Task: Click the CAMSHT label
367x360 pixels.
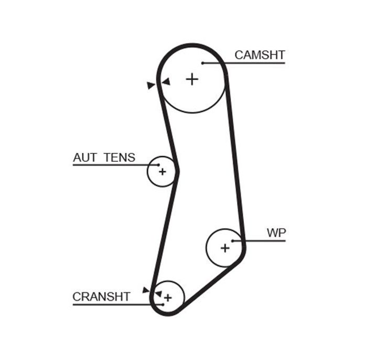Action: pyautogui.click(x=260, y=55)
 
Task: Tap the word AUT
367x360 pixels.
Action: pyautogui.click(x=85, y=157)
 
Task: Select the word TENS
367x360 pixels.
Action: pyautogui.click(x=120, y=157)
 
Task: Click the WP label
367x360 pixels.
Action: pyautogui.click(x=276, y=233)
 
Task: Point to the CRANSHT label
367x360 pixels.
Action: pyautogui.click(x=101, y=297)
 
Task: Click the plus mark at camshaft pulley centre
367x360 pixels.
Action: pyautogui.click(x=192, y=79)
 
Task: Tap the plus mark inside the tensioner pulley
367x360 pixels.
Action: pyautogui.click(x=162, y=172)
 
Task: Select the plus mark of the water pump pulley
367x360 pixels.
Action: pyautogui.click(x=225, y=248)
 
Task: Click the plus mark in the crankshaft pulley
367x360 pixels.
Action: pyautogui.click(x=168, y=298)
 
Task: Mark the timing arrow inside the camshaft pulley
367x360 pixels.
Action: pyautogui.click(x=166, y=82)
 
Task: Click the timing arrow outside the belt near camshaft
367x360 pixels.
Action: pyautogui.click(x=151, y=85)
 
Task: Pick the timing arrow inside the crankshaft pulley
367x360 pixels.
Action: pyautogui.click(x=159, y=294)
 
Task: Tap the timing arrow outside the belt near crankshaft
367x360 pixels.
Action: pyautogui.click(x=146, y=290)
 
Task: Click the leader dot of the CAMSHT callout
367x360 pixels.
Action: pyautogui.click(x=203, y=63)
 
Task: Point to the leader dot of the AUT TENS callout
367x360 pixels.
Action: pyautogui.click(x=158, y=165)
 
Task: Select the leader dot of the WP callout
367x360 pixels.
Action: pyautogui.click(x=233, y=241)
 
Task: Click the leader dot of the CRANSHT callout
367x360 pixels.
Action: pyautogui.click(x=163, y=304)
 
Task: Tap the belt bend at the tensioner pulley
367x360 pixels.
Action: pyautogui.click(x=177, y=171)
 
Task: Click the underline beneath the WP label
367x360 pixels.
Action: pyautogui.click(x=259, y=241)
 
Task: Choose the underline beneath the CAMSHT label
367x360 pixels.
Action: pyautogui.click(x=244, y=63)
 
